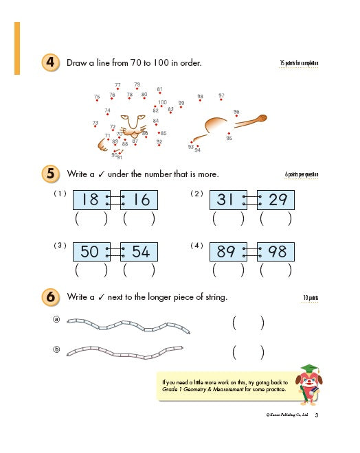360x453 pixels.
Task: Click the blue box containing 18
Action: coord(89,200)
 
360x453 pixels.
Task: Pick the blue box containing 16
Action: coord(140,200)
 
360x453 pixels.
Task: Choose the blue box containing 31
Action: coord(226,200)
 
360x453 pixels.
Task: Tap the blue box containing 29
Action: coord(276,200)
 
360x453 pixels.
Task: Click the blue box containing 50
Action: coord(89,252)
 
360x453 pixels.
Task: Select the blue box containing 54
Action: coord(140,252)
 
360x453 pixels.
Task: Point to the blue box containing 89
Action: coord(226,252)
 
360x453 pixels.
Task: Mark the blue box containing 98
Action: coord(276,252)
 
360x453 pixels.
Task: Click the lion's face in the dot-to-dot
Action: coord(131,126)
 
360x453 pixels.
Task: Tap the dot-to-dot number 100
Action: coord(162,102)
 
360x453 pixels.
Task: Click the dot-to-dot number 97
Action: coord(221,96)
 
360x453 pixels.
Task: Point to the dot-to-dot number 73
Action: coord(95,123)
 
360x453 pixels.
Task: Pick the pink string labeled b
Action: coord(127,351)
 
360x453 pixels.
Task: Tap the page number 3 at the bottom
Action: coord(316,415)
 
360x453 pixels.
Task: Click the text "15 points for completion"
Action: coord(299,64)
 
